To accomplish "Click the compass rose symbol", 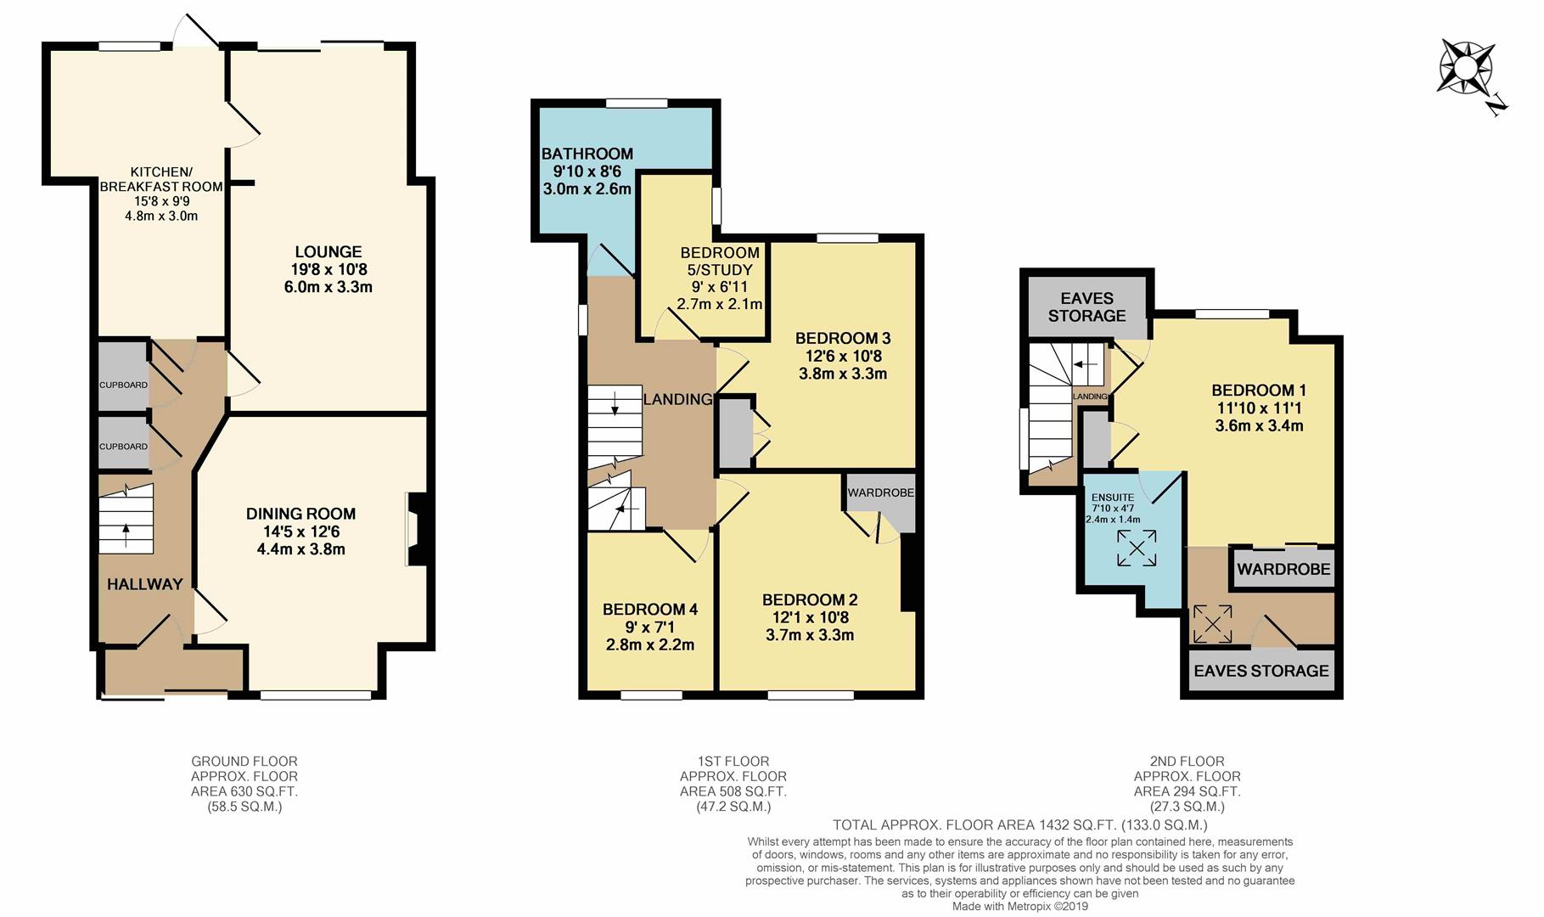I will click(1466, 69).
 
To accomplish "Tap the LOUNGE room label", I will click(328, 252).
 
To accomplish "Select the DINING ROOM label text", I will click(300, 514).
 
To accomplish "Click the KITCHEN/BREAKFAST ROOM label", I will click(161, 179).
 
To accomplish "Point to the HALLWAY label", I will click(145, 584).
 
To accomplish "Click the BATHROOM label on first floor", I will click(587, 154).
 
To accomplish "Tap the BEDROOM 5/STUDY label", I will click(720, 262).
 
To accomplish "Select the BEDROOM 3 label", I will click(842, 339).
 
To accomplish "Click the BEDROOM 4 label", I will click(650, 610).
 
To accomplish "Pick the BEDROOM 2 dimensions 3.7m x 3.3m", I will click(809, 635).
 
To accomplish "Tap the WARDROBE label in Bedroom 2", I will click(880, 492).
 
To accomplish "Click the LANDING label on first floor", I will click(677, 400).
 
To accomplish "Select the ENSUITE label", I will click(1112, 498).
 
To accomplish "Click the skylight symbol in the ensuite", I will click(1136, 548).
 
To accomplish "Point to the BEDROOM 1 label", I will click(1258, 391).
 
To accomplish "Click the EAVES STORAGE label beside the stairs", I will click(1086, 307).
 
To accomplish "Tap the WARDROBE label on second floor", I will click(1283, 569).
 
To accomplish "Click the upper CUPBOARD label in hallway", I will click(123, 385).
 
